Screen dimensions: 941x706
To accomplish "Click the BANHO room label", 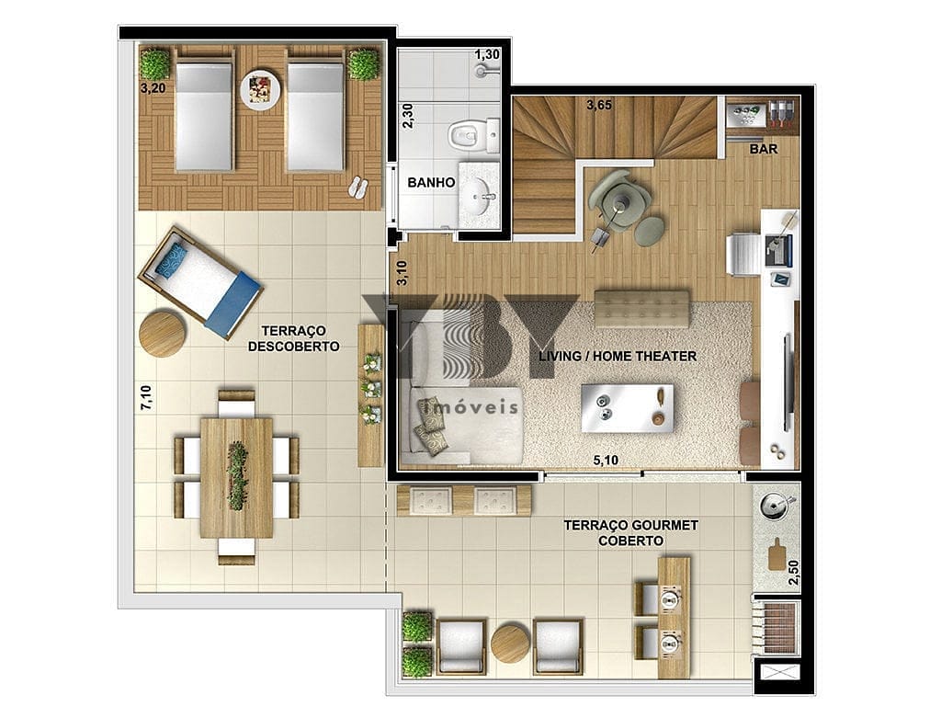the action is click(x=431, y=183).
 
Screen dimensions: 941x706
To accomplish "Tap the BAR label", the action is click(x=764, y=148).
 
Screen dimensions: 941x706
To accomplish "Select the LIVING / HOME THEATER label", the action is click(x=618, y=356).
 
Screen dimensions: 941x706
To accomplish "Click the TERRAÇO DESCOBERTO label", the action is click(x=293, y=338).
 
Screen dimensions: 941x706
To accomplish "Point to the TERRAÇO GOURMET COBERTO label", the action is click(x=630, y=533).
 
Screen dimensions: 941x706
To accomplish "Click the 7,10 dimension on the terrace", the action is click(x=146, y=397).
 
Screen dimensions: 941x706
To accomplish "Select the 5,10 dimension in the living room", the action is click(x=606, y=461).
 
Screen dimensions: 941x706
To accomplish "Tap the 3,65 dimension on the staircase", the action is click(x=599, y=105).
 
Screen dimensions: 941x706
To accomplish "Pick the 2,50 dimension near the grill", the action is click(x=794, y=573).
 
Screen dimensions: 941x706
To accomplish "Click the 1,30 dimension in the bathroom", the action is click(x=487, y=54).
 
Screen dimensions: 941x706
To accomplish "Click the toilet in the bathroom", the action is click(x=471, y=135).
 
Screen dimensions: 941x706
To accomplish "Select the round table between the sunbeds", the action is click(x=260, y=90).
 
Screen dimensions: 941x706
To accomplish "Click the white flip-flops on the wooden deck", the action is click(x=357, y=187).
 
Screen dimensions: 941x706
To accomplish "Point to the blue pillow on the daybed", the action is click(x=172, y=258).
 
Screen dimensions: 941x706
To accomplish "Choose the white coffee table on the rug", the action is click(x=627, y=408).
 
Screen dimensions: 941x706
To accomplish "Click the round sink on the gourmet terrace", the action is click(x=772, y=507).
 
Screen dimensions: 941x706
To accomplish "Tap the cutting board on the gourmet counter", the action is click(x=777, y=554).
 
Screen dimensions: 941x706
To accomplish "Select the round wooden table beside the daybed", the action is click(x=162, y=333).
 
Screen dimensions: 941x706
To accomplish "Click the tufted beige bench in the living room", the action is click(x=641, y=309).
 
